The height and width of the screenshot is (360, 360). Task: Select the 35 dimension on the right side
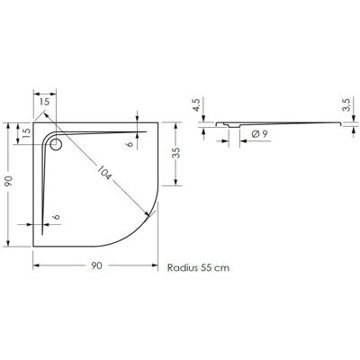[x=176, y=153]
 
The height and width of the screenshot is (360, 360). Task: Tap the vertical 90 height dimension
[x=9, y=181]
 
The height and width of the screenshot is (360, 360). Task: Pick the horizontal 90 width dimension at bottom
[x=97, y=265]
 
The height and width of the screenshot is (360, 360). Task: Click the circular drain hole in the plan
[x=56, y=144]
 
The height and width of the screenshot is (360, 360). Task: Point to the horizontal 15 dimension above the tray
[x=44, y=102]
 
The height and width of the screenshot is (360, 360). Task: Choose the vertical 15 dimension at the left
[x=26, y=132]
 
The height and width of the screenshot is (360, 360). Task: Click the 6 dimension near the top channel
[x=130, y=144]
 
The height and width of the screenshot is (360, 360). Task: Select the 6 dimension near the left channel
[x=58, y=217]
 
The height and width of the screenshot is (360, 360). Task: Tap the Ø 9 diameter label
[x=260, y=134]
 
